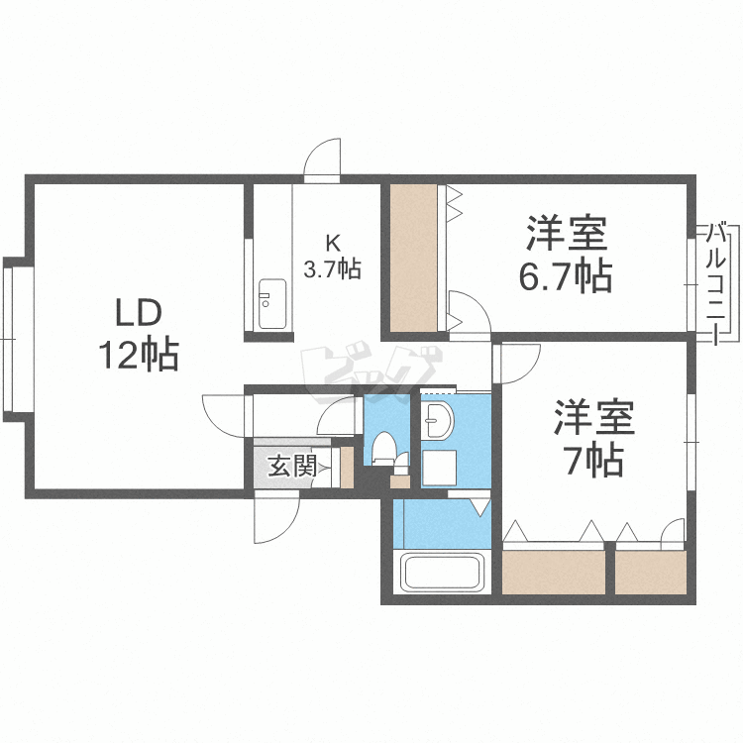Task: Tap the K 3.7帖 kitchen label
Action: [331, 256]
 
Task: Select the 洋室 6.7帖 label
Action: [566, 256]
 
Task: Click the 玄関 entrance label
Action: [292, 465]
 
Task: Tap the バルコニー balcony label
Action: [717, 283]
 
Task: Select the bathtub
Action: [439, 573]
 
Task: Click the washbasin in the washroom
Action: [437, 424]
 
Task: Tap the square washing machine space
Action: [440, 468]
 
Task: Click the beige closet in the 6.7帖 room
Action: [412, 258]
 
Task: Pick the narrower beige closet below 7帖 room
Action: [651, 571]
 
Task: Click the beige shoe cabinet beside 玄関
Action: [347, 467]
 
